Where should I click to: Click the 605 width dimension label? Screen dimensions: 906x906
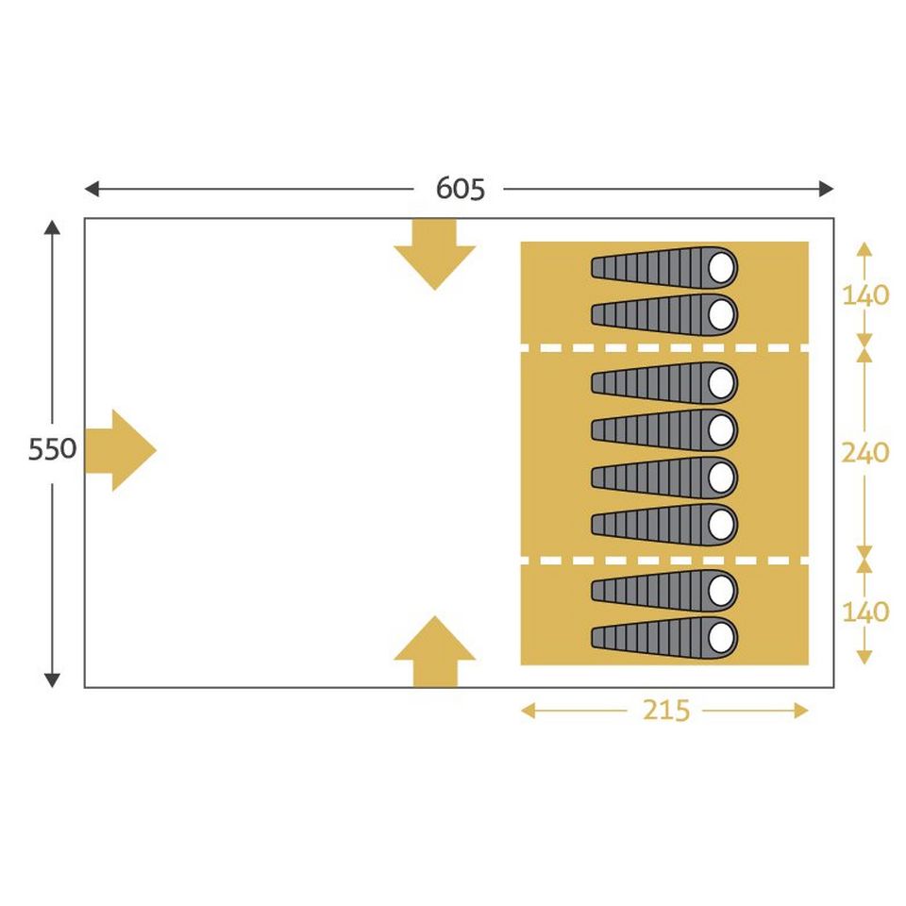(x=460, y=189)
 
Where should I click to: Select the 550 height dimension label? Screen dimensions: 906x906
(x=52, y=449)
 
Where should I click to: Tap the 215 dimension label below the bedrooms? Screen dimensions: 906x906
(x=666, y=710)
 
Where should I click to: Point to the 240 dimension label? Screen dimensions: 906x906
(x=864, y=452)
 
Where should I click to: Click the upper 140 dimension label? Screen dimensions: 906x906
(x=865, y=295)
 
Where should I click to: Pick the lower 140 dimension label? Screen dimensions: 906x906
(x=865, y=612)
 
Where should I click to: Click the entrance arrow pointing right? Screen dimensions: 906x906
(x=120, y=451)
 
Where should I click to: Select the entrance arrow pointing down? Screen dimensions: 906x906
(x=434, y=254)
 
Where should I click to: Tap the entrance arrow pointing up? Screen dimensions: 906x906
(x=434, y=651)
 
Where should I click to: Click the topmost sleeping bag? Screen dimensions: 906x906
(x=664, y=267)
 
